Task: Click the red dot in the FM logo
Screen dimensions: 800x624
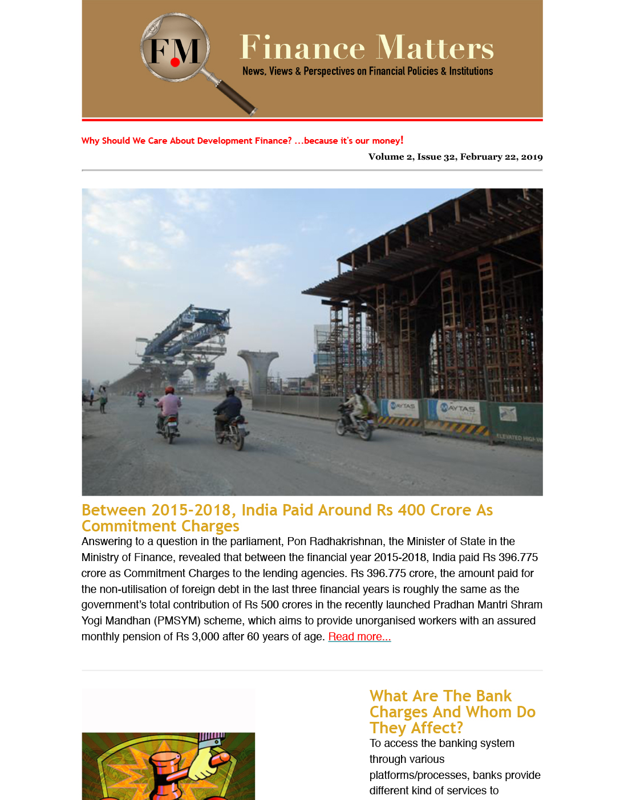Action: click(176, 62)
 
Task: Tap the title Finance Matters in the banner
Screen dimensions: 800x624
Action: click(366, 47)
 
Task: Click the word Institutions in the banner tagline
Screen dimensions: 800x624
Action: click(471, 71)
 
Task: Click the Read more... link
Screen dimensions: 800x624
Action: click(359, 637)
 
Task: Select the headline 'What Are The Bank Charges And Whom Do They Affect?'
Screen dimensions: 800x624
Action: click(452, 712)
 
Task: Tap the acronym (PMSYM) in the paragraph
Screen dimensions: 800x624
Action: click(177, 620)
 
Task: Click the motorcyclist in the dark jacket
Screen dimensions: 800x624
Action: click(229, 416)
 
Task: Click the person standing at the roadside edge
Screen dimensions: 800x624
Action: click(103, 398)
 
